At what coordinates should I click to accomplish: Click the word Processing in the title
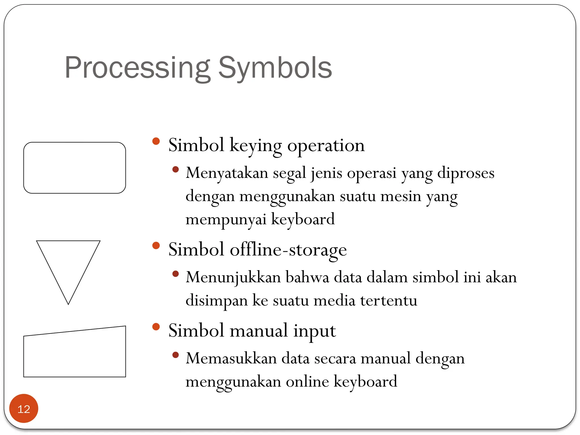tap(137, 68)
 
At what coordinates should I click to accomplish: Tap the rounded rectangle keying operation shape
tap(74, 168)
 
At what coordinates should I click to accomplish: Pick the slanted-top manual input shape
tap(74, 354)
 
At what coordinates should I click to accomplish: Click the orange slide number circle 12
tap(24, 408)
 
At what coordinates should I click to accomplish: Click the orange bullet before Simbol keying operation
tap(156, 141)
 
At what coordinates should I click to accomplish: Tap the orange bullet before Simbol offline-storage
tap(156, 245)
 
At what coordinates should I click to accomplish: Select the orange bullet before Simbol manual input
tap(156, 327)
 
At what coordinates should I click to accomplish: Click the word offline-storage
tap(288, 250)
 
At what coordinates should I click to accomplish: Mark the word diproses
tap(466, 173)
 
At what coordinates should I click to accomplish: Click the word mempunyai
tap(226, 219)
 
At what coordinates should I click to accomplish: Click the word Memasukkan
tap(231, 358)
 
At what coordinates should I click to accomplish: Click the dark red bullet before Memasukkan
tap(176, 355)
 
